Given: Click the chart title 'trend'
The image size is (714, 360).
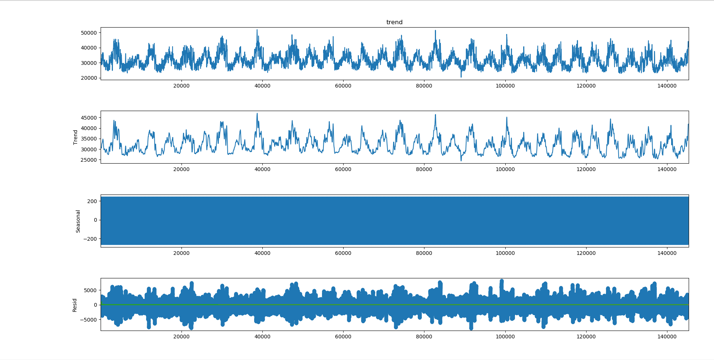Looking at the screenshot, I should (x=394, y=22).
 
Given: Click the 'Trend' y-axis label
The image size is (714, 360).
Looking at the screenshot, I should (x=75, y=137).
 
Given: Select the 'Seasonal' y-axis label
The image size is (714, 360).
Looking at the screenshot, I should (x=78, y=221).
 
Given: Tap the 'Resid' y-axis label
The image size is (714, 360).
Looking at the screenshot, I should (x=75, y=305).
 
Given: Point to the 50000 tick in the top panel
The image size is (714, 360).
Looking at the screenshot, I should (x=89, y=33).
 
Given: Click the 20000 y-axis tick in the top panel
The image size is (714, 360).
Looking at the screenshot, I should (x=89, y=78).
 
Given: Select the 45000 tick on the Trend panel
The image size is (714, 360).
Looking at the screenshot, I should (x=89, y=118).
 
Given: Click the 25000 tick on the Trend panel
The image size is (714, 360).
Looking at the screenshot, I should (x=89, y=160).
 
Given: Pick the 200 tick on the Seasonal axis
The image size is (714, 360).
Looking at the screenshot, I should (x=92, y=201).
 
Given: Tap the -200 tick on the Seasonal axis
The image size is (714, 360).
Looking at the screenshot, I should (x=91, y=239).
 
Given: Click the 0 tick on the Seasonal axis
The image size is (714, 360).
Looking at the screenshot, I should (x=95, y=220).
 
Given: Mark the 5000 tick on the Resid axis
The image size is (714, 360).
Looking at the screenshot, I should (x=90, y=290).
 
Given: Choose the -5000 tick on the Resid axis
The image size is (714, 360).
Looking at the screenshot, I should (x=89, y=320).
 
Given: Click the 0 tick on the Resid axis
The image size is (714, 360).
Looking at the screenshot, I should (x=95, y=305).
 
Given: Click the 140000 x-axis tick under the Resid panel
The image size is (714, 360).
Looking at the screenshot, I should (x=667, y=337).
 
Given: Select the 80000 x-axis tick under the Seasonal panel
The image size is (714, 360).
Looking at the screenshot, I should (x=424, y=253).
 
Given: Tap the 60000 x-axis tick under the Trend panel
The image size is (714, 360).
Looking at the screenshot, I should (x=343, y=169).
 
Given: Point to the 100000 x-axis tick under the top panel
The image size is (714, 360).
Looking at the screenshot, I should (x=505, y=86).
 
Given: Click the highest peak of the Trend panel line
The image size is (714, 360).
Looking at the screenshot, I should (x=257, y=114).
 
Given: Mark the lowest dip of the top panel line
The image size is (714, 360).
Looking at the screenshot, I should (x=461, y=77).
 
